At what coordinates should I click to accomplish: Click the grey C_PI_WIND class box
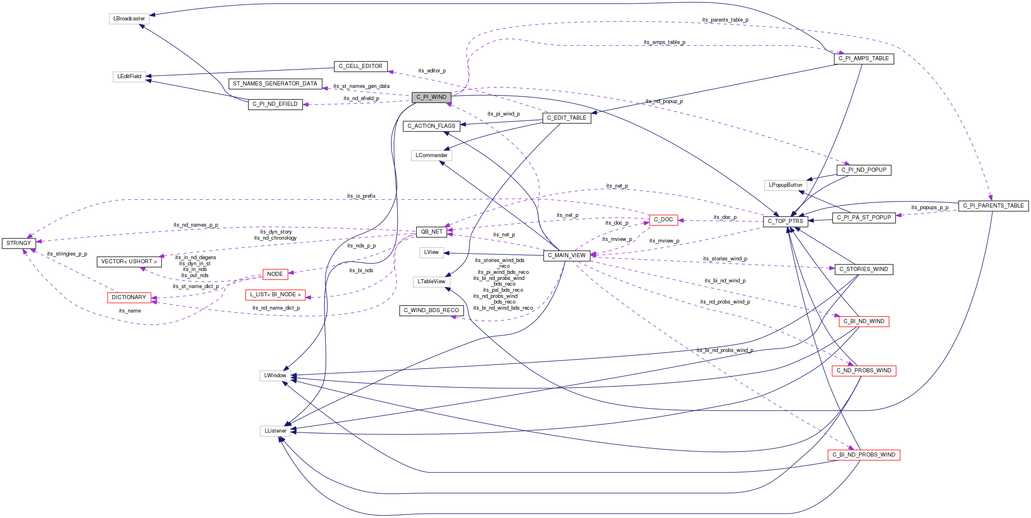click(x=431, y=97)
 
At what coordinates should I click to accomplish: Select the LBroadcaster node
click(x=129, y=19)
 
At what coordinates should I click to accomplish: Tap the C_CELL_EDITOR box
click(x=360, y=66)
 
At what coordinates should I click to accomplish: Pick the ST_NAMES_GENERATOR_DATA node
click(x=275, y=84)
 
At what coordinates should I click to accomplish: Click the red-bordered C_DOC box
click(x=663, y=220)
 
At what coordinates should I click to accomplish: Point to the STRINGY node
click(x=19, y=243)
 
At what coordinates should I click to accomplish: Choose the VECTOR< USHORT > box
click(x=129, y=262)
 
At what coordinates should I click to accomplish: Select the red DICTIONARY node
click(x=129, y=297)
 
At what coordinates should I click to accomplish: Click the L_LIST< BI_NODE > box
click(x=275, y=295)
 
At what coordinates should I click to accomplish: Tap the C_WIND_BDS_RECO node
click(x=431, y=310)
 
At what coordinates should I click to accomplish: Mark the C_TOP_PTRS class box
click(x=785, y=221)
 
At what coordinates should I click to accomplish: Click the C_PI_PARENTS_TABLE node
click(x=993, y=206)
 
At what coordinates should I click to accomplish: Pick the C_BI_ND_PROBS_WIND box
click(x=864, y=455)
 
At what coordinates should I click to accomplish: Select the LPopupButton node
click(x=785, y=185)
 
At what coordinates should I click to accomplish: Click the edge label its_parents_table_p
click(x=725, y=20)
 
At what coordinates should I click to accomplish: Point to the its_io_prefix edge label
click(x=361, y=196)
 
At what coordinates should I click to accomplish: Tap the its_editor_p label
click(x=432, y=71)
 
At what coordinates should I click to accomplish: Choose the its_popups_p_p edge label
click(x=930, y=208)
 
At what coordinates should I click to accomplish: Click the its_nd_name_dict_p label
click(x=276, y=308)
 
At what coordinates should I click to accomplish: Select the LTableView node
click(x=431, y=282)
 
